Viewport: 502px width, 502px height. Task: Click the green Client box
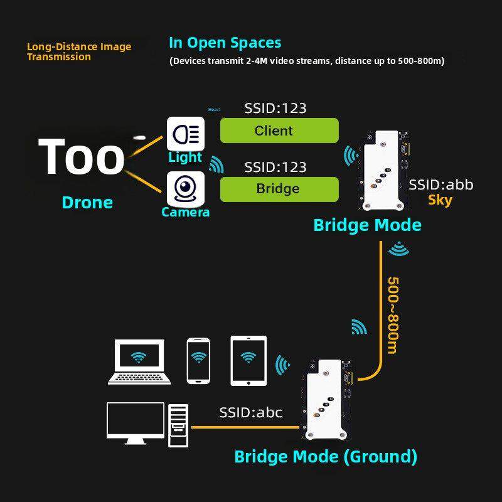pyautogui.click(x=279, y=131)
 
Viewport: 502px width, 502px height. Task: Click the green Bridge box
pyautogui.click(x=279, y=189)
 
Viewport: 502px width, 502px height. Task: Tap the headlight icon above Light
pyautogui.click(x=185, y=133)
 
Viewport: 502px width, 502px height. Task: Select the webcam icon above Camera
pyautogui.click(x=185, y=188)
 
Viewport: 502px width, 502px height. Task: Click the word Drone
pyautogui.click(x=87, y=202)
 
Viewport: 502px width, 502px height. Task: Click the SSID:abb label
pyautogui.click(x=441, y=184)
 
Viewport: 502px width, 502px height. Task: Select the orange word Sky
pyautogui.click(x=440, y=200)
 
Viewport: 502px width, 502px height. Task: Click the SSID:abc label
pyautogui.click(x=250, y=412)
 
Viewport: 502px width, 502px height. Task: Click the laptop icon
pyautogui.click(x=139, y=361)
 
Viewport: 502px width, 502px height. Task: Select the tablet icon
pyautogui.click(x=249, y=360)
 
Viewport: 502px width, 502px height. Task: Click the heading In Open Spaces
pyautogui.click(x=225, y=43)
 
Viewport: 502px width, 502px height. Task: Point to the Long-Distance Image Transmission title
pyautogui.click(x=78, y=51)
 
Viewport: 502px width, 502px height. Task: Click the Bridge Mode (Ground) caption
pyautogui.click(x=325, y=456)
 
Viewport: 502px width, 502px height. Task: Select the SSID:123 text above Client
pyautogui.click(x=275, y=108)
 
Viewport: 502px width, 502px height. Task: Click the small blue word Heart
pyautogui.click(x=214, y=110)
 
